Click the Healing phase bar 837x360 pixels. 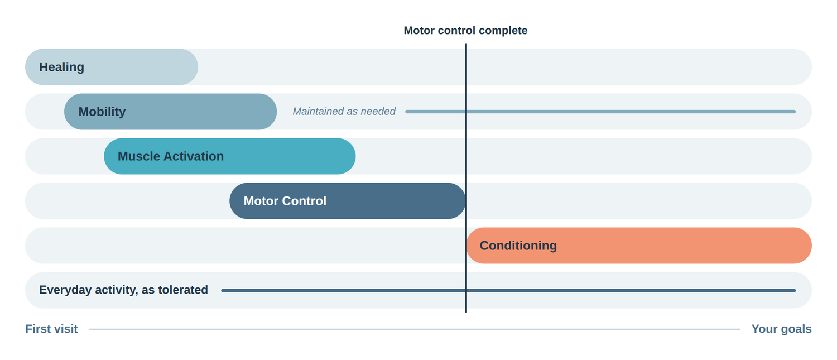pos(112,67)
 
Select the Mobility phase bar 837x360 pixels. pos(170,112)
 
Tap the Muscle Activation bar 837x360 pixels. pos(230,156)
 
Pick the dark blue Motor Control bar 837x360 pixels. pos(348,201)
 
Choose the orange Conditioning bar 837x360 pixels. pos(639,246)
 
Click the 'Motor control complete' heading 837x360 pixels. pos(465,30)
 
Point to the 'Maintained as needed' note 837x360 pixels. pos(344,112)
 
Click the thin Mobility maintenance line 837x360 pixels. pos(600,112)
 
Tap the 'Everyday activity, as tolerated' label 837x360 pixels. pos(123,290)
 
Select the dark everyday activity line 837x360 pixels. pos(508,290)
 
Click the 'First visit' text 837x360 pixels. pos(51,329)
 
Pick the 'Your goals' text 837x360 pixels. pos(781,329)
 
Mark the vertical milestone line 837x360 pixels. pos(465,177)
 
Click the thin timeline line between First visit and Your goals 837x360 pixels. pos(415,329)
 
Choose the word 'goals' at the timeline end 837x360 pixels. pos(796,329)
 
